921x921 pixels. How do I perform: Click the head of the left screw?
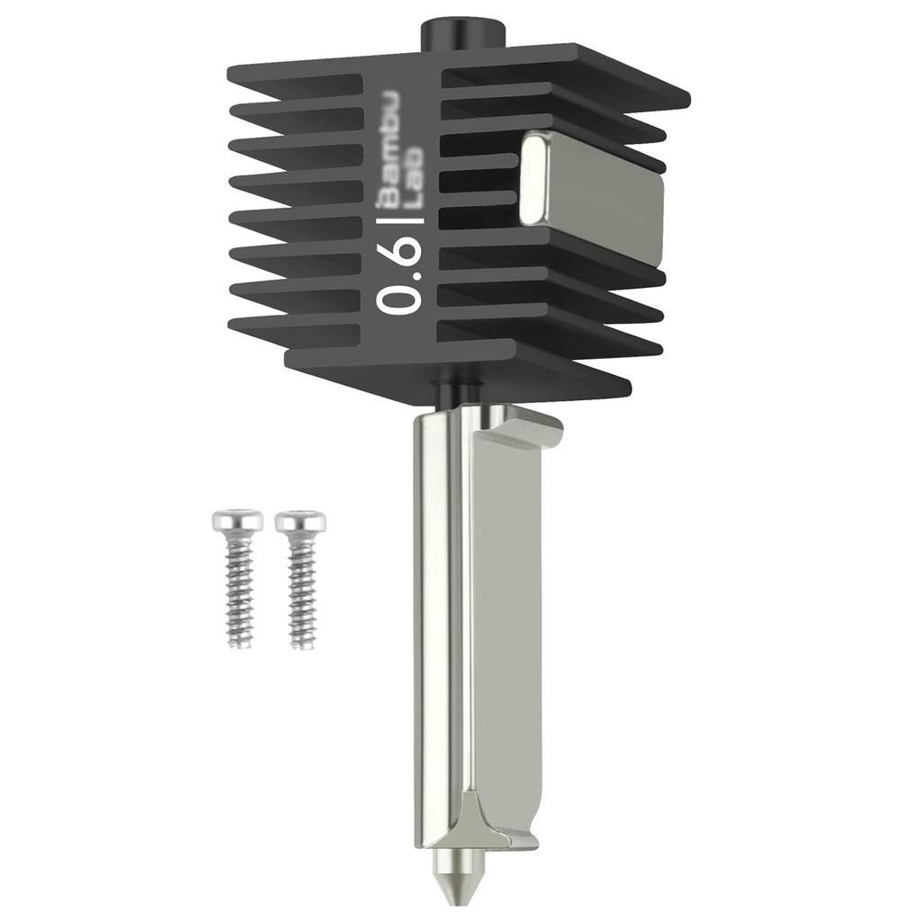coord(237,521)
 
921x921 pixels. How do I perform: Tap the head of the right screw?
coord(300,522)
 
